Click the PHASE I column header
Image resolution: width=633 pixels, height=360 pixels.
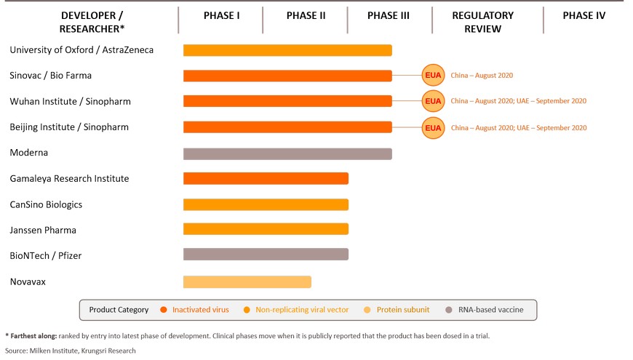[221, 16]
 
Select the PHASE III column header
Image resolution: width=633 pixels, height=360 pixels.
[389, 16]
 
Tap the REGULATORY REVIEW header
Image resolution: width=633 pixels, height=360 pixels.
[483, 23]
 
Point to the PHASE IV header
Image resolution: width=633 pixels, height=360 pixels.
[584, 16]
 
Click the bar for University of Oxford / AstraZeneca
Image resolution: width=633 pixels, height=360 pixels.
[287, 50]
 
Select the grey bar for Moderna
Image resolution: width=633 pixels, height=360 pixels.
[287, 153]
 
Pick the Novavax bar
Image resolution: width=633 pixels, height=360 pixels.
[247, 281]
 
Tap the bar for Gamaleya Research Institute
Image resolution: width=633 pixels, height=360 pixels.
[266, 178]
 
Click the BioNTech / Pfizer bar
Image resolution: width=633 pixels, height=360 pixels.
[266, 255]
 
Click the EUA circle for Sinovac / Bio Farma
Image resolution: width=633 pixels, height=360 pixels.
[433, 75]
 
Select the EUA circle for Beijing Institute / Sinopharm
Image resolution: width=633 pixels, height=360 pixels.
[433, 127]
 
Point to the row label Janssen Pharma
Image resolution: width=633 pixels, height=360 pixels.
[43, 230]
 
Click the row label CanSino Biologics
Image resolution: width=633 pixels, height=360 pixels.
[46, 204]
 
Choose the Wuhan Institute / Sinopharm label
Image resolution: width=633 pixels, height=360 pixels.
[71, 101]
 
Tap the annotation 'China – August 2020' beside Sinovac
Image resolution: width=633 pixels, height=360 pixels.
[482, 76]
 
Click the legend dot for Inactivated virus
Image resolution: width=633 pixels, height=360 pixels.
[164, 310]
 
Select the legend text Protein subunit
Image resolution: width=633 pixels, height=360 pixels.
[403, 310]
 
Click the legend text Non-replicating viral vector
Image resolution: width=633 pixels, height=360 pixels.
[302, 310]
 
